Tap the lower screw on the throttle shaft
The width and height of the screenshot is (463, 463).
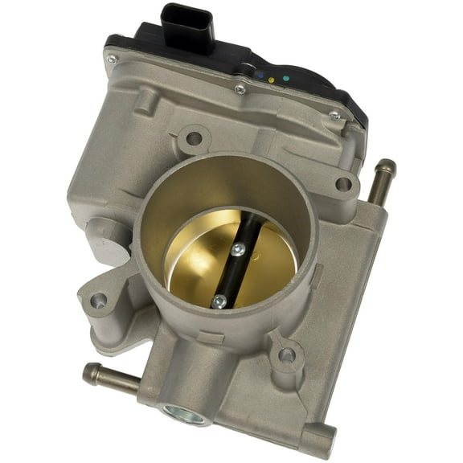[219, 301]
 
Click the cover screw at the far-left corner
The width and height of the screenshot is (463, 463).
[111, 59]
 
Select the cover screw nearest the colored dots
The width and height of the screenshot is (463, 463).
[240, 88]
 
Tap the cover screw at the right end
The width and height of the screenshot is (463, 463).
[334, 117]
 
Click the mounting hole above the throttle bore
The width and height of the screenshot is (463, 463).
[194, 138]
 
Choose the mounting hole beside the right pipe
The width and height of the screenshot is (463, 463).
[343, 184]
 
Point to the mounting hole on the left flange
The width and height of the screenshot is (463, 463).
[98, 301]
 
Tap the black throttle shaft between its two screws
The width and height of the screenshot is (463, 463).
[227, 276]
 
